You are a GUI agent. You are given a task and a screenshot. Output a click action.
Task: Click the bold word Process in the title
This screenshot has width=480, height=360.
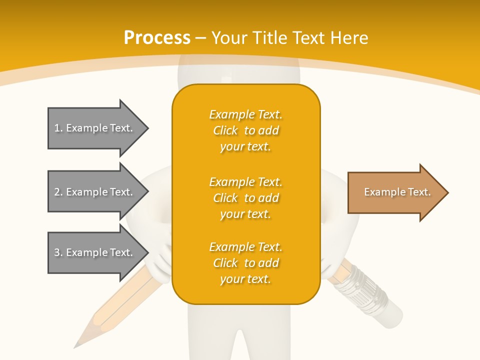click(x=157, y=38)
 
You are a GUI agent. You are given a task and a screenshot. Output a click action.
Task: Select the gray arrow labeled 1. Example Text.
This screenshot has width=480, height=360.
click(x=95, y=128)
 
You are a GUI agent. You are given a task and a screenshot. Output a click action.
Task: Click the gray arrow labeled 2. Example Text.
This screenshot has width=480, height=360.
click(x=95, y=192)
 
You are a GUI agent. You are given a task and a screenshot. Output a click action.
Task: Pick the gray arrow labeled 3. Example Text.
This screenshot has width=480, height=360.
click(x=95, y=252)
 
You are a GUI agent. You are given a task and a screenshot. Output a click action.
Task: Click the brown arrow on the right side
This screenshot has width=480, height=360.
click(x=395, y=192)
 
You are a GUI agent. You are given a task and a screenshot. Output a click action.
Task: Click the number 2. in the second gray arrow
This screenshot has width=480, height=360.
click(x=58, y=192)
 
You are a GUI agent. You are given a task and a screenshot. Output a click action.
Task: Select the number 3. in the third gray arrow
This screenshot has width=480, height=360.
click(x=58, y=252)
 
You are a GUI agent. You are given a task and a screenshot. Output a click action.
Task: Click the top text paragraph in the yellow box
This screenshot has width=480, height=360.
click(x=245, y=130)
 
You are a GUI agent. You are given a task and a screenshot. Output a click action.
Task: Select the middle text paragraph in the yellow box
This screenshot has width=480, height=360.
click(x=245, y=198)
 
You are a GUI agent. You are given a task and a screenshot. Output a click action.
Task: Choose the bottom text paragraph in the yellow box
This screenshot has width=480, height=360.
click(x=245, y=263)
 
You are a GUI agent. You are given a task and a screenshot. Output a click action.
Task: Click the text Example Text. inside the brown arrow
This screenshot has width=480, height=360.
click(x=397, y=192)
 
